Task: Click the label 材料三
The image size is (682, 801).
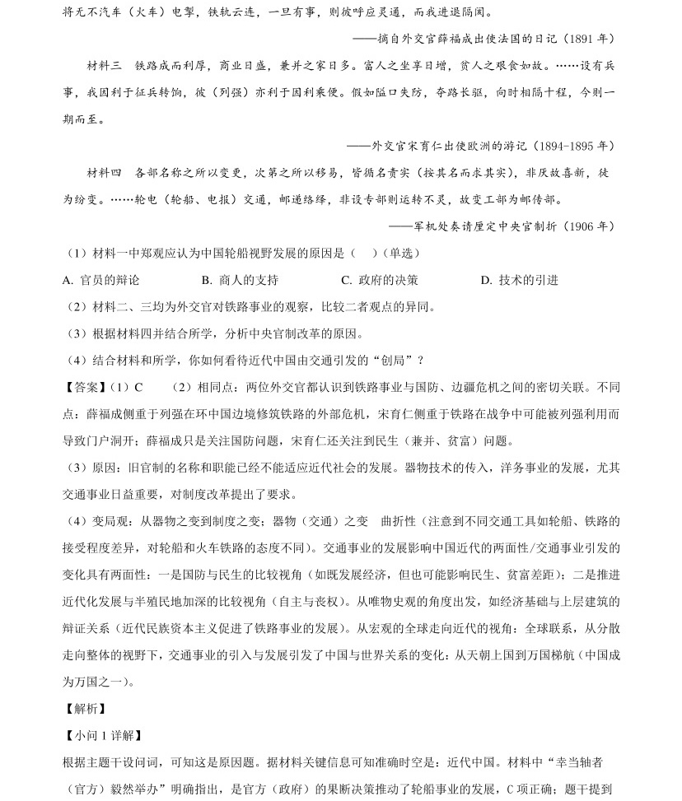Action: coord(104,65)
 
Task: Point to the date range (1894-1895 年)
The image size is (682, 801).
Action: coord(573,146)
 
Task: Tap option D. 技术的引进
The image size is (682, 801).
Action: coord(520,280)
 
